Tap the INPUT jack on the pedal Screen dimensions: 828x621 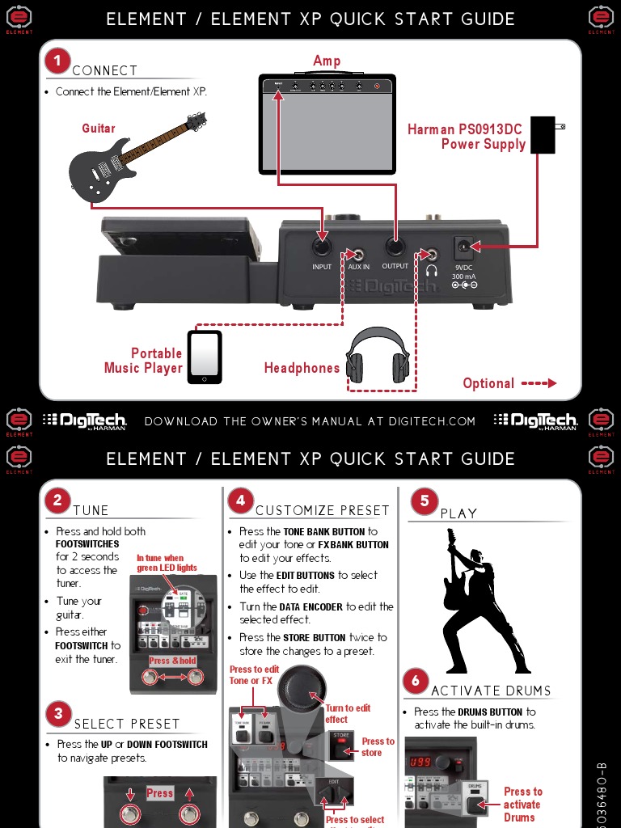pos(322,246)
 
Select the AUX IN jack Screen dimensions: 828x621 pos(357,256)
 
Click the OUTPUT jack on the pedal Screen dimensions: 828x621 pos(395,246)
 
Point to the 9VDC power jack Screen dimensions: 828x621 pos(465,246)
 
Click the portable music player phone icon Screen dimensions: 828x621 pos(205,357)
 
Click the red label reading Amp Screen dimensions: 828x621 pos(327,61)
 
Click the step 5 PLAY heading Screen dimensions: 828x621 pos(458,513)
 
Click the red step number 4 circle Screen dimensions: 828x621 pos(240,501)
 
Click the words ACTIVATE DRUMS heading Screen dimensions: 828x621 pos(491,691)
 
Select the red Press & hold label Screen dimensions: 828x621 pos(171,661)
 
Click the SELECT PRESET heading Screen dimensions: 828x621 pos(127,724)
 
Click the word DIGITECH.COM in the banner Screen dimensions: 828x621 pos(432,420)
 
